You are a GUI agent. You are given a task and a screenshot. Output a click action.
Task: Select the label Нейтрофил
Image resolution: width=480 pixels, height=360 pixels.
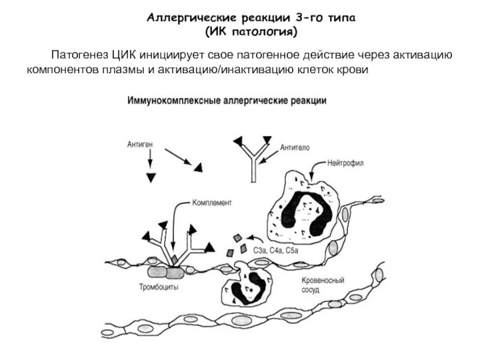coord(347,163)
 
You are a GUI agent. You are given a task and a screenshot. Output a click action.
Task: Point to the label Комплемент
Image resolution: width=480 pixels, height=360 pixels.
coord(212,203)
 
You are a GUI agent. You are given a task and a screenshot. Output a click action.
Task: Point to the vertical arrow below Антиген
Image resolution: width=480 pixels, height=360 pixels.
coord(151,159)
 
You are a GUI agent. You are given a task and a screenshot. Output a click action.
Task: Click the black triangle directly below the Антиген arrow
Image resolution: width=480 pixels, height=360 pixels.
coord(151,178)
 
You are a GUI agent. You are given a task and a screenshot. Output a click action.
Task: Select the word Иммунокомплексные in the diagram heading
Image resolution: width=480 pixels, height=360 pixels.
coord(166,101)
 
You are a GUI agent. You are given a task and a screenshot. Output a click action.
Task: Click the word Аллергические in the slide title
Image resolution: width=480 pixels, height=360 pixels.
coord(184,18)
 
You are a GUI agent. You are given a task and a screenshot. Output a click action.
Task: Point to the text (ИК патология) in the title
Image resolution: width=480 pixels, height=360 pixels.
coord(250,30)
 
